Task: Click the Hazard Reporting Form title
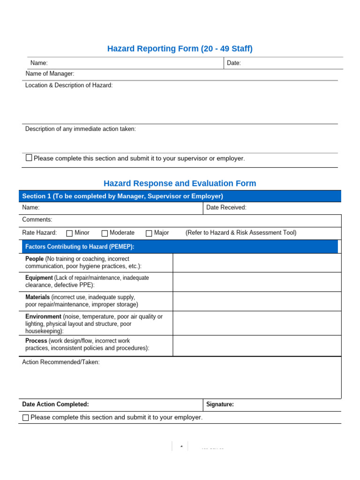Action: pos(180,49)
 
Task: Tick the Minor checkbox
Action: pos(69,233)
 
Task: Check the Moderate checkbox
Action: pos(105,233)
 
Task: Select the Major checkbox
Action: pos(149,233)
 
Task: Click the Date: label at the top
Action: pos(234,63)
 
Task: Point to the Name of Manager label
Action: pos(50,74)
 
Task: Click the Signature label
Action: pos(220,404)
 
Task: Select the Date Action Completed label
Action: pos(55,404)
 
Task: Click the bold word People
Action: pos(34,259)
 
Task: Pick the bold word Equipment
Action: pos(39,277)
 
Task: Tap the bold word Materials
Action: pos(37,297)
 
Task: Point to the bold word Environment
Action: pos(43,316)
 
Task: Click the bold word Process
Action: pos(36,341)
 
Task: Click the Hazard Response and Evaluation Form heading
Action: pos(180,183)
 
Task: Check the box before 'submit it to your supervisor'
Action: pos(29,158)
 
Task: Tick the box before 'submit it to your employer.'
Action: pos(26,417)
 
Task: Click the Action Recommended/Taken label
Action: pos(61,362)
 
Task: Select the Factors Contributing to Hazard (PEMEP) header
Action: pos(80,247)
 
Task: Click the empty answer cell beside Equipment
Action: pos(257,282)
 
